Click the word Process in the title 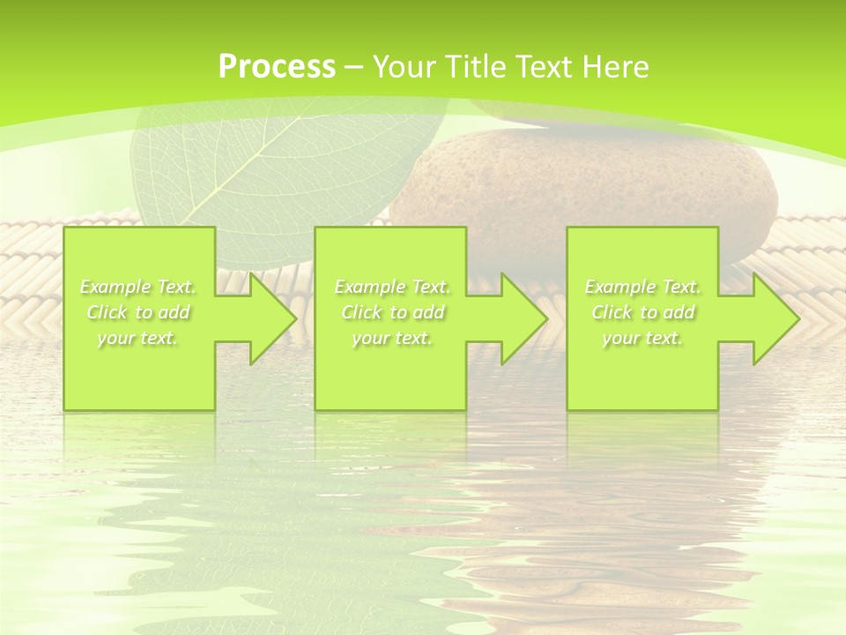[x=277, y=67]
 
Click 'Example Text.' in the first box [x=138, y=287]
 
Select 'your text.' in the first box [x=138, y=338]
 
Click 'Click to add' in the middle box [x=392, y=312]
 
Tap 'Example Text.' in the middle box [x=392, y=287]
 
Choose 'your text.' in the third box [x=642, y=338]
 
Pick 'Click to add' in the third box [x=642, y=312]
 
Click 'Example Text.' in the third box [x=642, y=287]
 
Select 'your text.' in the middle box [x=392, y=338]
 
